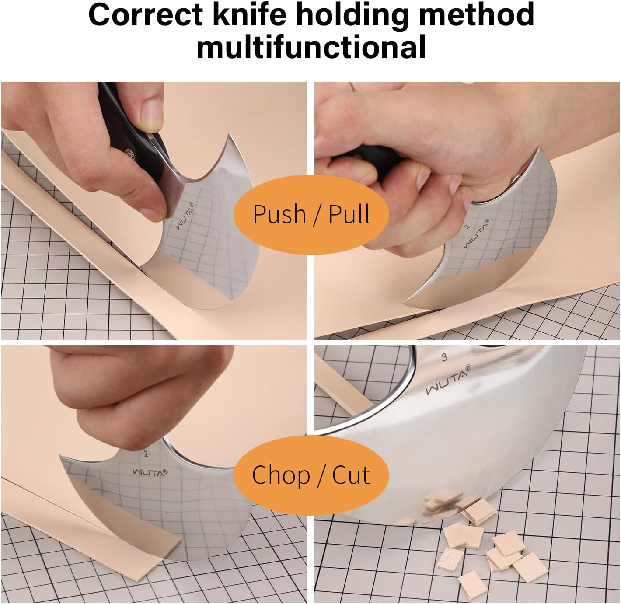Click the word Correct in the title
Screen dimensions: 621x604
(145, 15)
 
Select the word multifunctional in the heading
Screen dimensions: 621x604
(311, 47)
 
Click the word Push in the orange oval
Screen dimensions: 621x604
(279, 214)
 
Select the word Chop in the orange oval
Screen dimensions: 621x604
(281, 475)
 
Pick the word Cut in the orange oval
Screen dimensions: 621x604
(351, 475)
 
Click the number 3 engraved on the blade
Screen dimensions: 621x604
(444, 357)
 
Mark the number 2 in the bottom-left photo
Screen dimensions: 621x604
(146, 454)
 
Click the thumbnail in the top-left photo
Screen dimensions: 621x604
(152, 115)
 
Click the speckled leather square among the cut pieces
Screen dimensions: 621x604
(450, 559)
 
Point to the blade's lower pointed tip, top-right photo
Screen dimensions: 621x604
(405, 302)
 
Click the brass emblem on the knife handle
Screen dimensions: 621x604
(129, 153)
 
